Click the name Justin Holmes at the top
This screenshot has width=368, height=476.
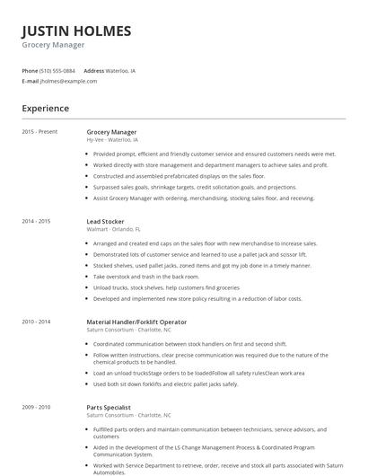pos(76,31)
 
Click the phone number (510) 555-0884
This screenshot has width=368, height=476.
pos(58,70)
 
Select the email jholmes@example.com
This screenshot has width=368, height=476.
pos(68,81)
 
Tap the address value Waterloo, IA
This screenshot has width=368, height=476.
pos(121,70)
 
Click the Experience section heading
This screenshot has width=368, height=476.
pos(46,109)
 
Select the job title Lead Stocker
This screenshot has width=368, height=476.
pos(105,220)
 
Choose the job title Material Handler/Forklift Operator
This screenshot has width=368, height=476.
pos(136,321)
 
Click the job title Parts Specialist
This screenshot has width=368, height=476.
pos(109,407)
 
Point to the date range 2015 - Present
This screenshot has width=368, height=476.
pos(39,132)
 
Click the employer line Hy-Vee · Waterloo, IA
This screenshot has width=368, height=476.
pos(112,140)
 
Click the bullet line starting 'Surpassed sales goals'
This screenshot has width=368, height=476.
pos(194,187)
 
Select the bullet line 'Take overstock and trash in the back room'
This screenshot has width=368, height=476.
pos(146,277)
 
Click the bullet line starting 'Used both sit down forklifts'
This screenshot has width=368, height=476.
pos(165,383)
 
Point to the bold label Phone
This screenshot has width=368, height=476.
pos(30,70)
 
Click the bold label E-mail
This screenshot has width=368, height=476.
pos(30,81)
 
